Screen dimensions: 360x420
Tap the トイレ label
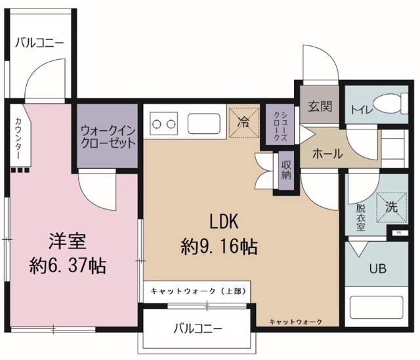coord(360,110)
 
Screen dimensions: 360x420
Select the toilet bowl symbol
coord(392,104)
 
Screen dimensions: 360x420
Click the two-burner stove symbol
coord(164,122)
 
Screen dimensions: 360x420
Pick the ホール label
coord(327,154)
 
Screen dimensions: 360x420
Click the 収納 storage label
coord(287,169)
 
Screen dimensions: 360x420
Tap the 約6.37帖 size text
coord(68,265)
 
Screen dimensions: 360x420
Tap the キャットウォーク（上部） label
coord(196,290)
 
